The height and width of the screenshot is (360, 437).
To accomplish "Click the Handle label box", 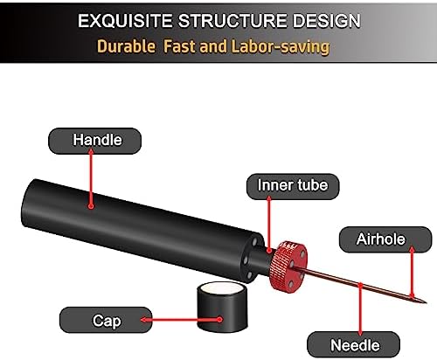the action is point(94,141).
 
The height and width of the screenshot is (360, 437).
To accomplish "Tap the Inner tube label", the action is point(293,186).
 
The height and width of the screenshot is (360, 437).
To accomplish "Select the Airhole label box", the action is point(385,239).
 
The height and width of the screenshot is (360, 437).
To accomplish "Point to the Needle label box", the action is point(353,344).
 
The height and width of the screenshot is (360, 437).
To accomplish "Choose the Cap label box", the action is point(106,320).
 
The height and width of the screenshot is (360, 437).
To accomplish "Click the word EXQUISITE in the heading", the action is point(125,21).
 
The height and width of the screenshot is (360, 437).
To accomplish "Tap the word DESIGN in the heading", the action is point(327,21).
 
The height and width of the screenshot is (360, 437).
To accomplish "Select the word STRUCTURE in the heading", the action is point(232,21).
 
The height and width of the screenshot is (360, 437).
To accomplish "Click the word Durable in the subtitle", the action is point(126,46).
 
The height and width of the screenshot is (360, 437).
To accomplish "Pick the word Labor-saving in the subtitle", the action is point(281,46).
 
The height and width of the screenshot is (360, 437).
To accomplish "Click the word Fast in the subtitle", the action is point(178,46).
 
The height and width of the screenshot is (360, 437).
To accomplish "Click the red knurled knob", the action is point(288,266).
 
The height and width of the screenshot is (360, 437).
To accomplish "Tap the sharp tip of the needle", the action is point(426,302).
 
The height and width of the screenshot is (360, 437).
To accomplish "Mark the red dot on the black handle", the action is point(91,206).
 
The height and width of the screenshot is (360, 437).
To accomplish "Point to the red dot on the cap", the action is point(220,320).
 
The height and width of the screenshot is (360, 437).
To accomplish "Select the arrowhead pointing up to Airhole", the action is point(412,250).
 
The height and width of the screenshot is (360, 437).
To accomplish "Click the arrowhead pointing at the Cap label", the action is point(144,320).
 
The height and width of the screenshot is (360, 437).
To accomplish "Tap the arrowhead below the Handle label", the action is point(91,151).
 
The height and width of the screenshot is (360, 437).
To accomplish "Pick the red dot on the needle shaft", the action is point(360,285).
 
